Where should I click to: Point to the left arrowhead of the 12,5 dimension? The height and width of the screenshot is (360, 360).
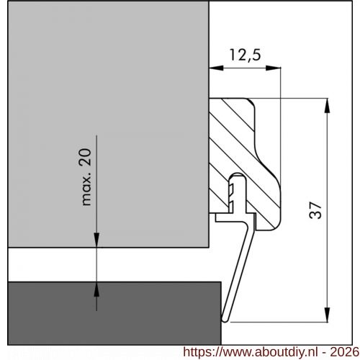click(x=215, y=68)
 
